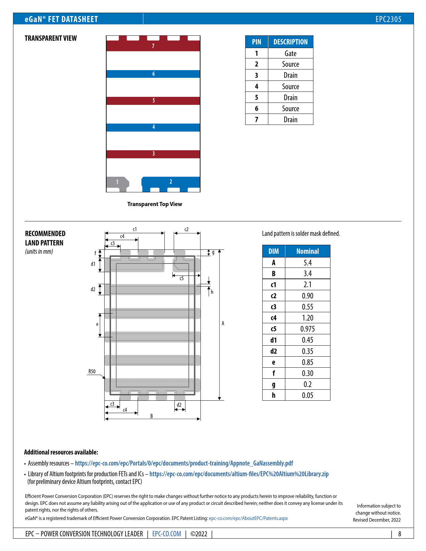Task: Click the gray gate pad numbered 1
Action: [117, 182]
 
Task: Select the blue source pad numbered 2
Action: [171, 182]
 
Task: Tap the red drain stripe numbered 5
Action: [153, 101]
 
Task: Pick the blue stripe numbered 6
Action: [153, 74]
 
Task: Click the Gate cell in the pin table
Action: [290, 53]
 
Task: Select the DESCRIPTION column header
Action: [290, 42]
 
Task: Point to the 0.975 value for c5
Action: [307, 329]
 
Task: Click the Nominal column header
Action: [307, 251]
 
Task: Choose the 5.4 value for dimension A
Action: [307, 263]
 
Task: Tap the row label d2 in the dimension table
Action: [274, 351]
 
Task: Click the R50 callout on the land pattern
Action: [92, 371]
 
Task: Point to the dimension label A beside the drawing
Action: [223, 323]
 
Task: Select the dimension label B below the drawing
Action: [152, 416]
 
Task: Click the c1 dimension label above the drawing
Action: [135, 229]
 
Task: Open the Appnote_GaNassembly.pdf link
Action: [184, 463]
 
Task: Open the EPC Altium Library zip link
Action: [239, 474]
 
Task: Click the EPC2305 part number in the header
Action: [388, 19]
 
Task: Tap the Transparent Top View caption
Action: [155, 204]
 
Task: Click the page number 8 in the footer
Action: [400, 534]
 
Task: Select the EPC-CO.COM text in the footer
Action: [167, 534]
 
